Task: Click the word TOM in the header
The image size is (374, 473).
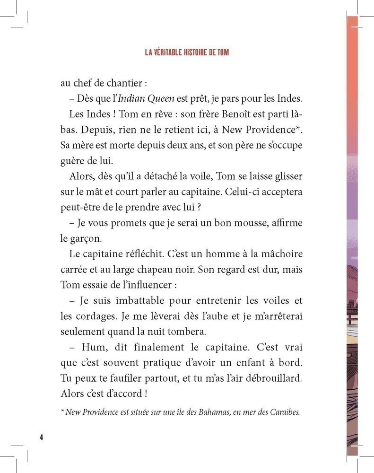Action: click(x=222, y=53)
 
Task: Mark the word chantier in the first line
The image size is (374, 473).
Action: click(x=123, y=83)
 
